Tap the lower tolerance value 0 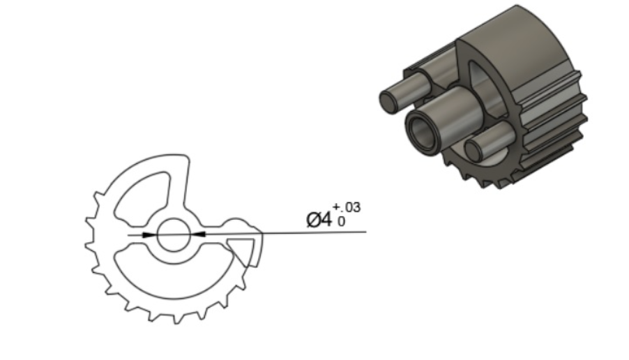click(342, 221)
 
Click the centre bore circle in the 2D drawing click(172, 235)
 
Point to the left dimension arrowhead click(147, 235)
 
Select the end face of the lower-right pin click(477, 150)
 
